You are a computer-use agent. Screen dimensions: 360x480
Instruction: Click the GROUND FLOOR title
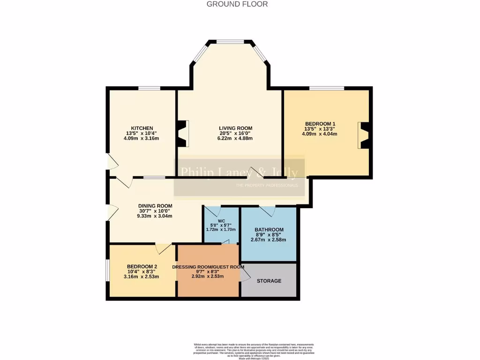pyautogui.click(x=237, y=4)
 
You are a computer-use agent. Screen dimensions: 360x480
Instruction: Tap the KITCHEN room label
pyautogui.click(x=142, y=128)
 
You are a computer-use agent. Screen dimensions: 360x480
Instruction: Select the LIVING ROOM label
pyautogui.click(x=235, y=128)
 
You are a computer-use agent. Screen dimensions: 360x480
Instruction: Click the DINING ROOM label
pyautogui.click(x=155, y=206)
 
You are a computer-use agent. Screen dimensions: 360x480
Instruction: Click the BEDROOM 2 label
pyautogui.click(x=142, y=267)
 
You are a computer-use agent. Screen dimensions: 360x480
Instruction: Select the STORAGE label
pyautogui.click(x=269, y=281)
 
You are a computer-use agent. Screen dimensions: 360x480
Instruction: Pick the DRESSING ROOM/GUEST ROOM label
pyautogui.click(x=208, y=267)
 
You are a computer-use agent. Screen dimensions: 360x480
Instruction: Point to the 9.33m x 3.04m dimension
pyautogui.click(x=155, y=216)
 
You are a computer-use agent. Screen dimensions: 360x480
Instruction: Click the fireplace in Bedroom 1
pyautogui.click(x=364, y=135)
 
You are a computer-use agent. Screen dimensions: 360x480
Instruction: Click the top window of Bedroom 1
pyautogui.click(x=326, y=88)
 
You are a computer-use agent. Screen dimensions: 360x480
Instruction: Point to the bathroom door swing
pyautogui.click(x=268, y=211)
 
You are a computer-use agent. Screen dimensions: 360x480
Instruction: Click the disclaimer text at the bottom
pyautogui.click(x=254, y=351)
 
